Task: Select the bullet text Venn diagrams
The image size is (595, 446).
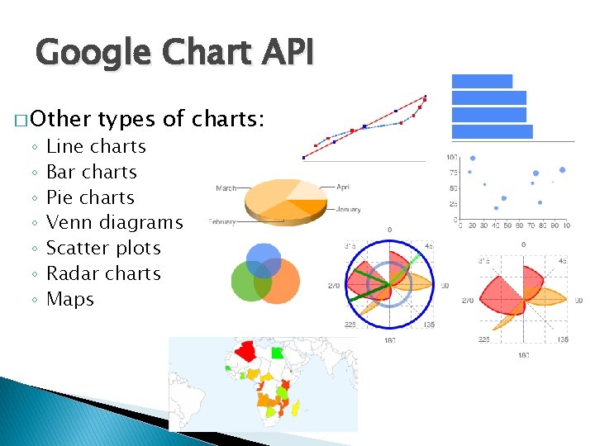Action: coord(114,222)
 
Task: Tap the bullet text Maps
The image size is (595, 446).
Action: coord(70,299)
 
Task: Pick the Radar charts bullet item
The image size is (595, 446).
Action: coord(103,273)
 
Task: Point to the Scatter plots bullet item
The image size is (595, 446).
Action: coord(103,248)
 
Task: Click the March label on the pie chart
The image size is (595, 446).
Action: coord(226,188)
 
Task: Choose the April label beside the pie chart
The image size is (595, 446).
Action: coord(343,187)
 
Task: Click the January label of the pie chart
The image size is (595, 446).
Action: coord(348,209)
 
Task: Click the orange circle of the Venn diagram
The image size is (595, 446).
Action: coord(276,283)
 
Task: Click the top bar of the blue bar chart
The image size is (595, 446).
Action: coord(482,81)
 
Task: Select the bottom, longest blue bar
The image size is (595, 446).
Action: coord(492,131)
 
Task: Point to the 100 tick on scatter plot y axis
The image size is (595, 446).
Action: coord(452,157)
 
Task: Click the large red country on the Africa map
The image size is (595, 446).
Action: coord(245,353)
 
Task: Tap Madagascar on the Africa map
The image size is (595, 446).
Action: coord(296,407)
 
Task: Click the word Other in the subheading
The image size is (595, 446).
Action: coord(59,119)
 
